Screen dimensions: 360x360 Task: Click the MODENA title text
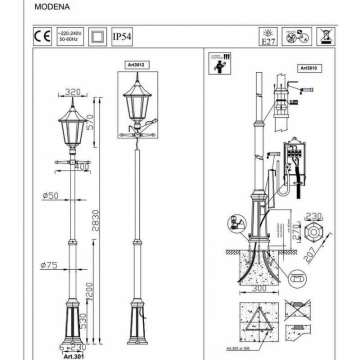[52, 8]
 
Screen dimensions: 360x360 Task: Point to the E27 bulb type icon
[269, 38]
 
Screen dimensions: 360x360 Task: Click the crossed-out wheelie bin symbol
[325, 37]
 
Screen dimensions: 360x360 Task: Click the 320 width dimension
[73, 93]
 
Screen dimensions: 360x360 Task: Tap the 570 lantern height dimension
[91, 121]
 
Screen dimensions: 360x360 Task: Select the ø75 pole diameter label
[50, 265]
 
